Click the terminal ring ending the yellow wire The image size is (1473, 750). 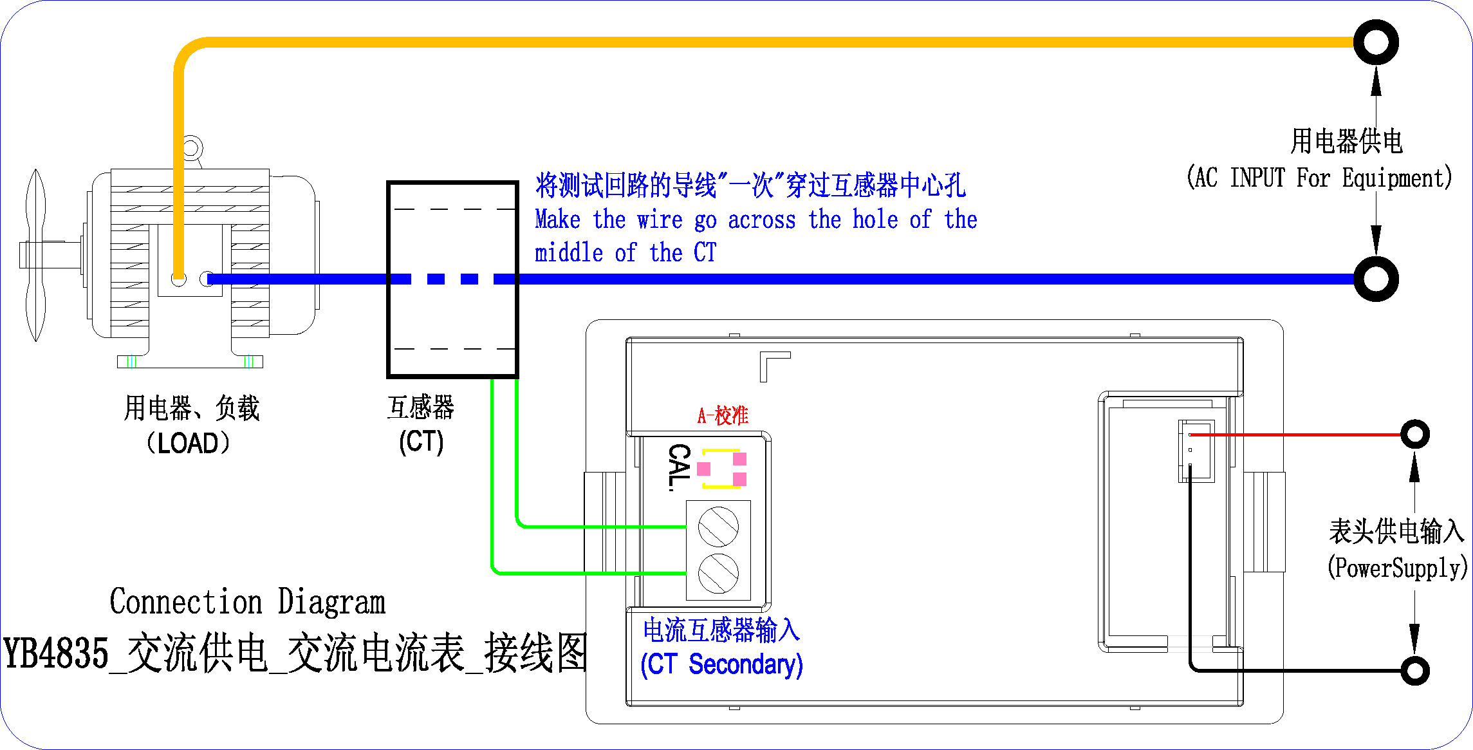1375,42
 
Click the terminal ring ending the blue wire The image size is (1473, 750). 1375,278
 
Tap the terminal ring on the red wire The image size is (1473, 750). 1414,435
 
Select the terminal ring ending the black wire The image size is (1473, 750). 1414,671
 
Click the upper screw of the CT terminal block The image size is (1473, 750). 718,527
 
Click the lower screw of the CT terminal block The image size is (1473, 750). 718,572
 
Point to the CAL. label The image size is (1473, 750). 679,467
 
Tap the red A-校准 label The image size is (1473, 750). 723,415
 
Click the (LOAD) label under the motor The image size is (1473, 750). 188,444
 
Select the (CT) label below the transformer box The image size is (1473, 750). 421,442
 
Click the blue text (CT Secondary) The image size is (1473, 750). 721,664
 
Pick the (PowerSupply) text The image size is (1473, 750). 1396,568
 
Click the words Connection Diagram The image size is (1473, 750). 247,602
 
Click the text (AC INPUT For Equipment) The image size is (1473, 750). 1319,178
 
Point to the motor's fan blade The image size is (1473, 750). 35,255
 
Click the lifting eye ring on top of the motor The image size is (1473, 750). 192,147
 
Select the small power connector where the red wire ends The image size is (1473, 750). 1196,451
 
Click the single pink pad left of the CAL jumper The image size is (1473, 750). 704,469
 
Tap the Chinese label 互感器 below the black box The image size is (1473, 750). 421,408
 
